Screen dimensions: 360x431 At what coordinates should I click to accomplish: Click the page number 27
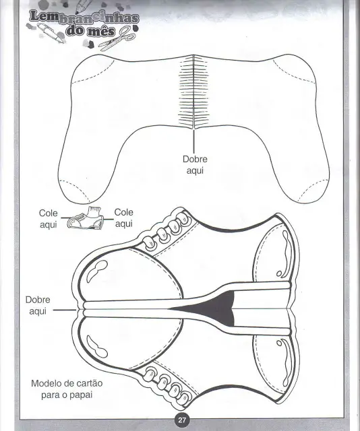182,420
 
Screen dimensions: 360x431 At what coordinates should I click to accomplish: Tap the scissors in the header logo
117,39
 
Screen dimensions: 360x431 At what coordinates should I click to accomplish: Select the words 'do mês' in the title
90,30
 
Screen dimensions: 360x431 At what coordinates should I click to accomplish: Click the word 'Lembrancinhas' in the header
84,17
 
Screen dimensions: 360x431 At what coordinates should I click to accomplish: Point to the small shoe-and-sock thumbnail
86,218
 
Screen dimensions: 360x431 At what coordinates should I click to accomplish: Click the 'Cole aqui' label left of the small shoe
49,219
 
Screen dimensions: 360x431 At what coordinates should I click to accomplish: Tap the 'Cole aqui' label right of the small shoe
124,218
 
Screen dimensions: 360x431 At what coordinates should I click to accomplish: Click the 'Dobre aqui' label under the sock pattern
195,164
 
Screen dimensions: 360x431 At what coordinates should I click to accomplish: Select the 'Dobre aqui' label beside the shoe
38,305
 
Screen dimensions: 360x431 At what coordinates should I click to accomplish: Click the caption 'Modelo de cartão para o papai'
67,389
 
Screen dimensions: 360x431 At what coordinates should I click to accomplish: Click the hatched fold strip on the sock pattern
193,92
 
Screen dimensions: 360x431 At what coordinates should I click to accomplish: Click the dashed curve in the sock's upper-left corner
93,72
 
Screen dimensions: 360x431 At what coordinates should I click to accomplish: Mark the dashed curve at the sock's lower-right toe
313,190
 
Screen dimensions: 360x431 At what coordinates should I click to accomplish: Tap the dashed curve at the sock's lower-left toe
75,189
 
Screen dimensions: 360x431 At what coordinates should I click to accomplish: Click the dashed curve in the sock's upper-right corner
294,71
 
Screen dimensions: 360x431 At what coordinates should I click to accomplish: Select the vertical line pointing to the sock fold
193,141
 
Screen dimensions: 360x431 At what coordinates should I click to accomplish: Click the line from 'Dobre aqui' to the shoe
65,310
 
